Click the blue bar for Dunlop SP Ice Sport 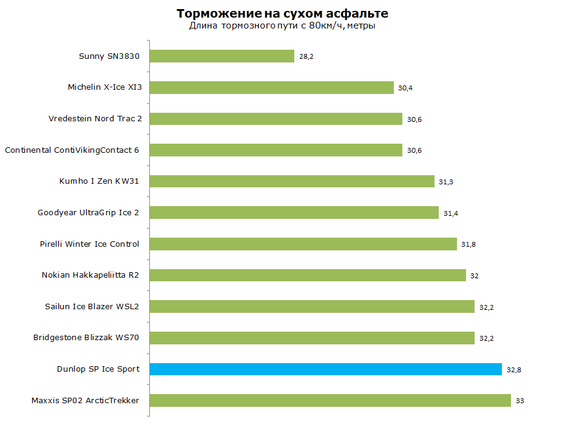point(326,369)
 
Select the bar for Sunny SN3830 point(222,56)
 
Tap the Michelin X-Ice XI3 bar point(272,87)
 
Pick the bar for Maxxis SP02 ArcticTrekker point(330,401)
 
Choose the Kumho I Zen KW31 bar point(293,181)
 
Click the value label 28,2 point(306,56)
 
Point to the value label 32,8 point(514,370)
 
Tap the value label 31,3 point(445,182)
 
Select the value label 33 point(519,401)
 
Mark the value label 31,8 point(469,244)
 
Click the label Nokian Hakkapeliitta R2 point(90,275)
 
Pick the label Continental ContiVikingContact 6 point(72,150)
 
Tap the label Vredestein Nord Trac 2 point(95,119)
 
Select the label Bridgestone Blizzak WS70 point(86,338)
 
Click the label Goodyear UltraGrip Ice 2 point(88,213)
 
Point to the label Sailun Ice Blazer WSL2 point(92,306)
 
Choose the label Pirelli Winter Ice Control point(89,244)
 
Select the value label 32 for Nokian point(474,276)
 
